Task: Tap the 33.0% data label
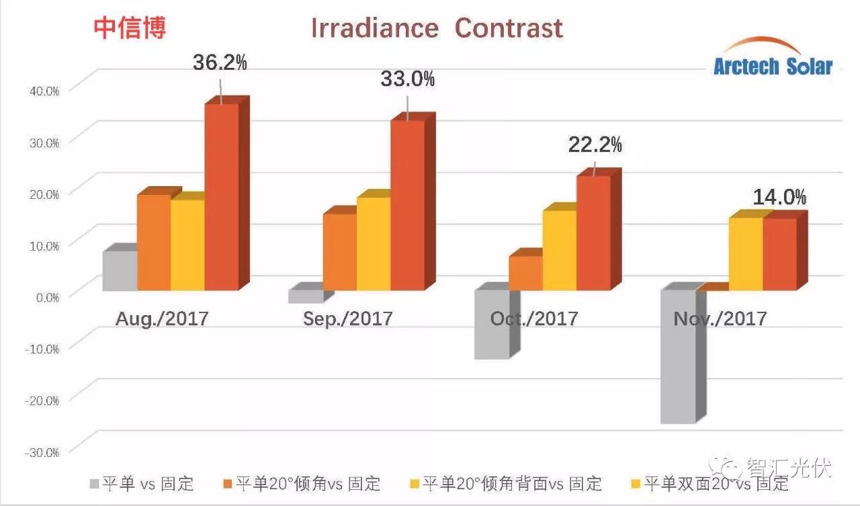click(x=407, y=79)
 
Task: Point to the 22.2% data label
click(x=595, y=144)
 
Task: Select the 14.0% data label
click(x=779, y=197)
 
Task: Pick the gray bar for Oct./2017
click(x=491, y=325)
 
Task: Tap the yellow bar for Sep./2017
click(x=374, y=243)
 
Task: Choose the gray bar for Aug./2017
click(x=120, y=270)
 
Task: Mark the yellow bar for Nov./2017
click(x=745, y=254)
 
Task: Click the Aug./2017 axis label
click(x=162, y=318)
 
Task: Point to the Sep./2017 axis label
click(x=347, y=318)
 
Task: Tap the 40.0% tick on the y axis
click(x=42, y=90)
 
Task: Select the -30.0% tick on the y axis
click(x=42, y=452)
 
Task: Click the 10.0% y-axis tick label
click(x=42, y=245)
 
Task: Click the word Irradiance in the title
click(x=374, y=28)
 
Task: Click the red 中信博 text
click(x=130, y=28)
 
